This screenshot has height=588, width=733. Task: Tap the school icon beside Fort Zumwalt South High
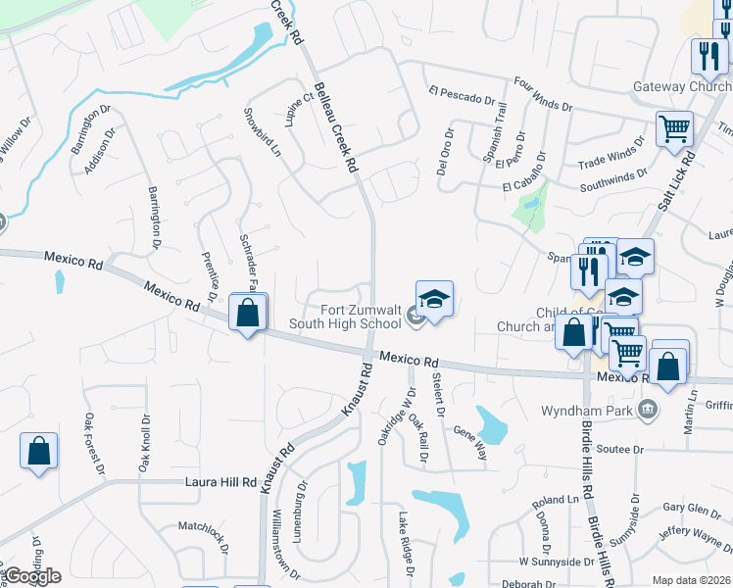(x=434, y=299)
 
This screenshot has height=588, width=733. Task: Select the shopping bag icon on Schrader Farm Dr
(x=248, y=314)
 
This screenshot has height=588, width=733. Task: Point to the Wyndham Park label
(x=589, y=410)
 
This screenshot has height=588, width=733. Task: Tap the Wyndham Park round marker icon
(x=646, y=409)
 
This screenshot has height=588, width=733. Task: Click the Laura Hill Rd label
(x=220, y=482)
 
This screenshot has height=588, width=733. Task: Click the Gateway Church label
(x=681, y=86)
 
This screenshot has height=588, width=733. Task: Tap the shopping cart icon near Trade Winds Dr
(x=674, y=128)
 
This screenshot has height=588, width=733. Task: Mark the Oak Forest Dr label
(x=95, y=442)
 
